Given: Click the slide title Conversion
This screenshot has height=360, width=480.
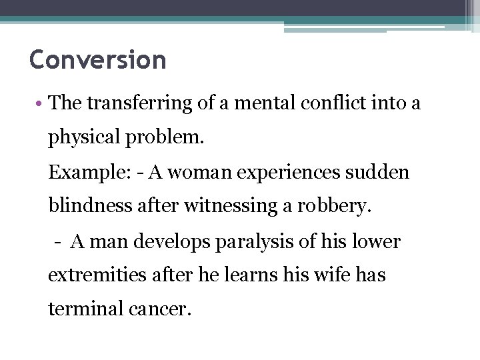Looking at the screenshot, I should [x=97, y=60].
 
